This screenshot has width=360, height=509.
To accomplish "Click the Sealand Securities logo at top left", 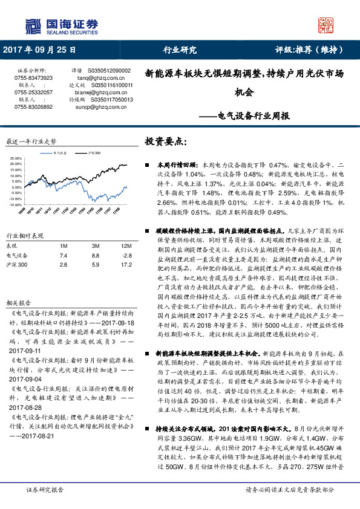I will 61,25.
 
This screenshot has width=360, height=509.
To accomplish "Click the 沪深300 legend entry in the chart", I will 91,154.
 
